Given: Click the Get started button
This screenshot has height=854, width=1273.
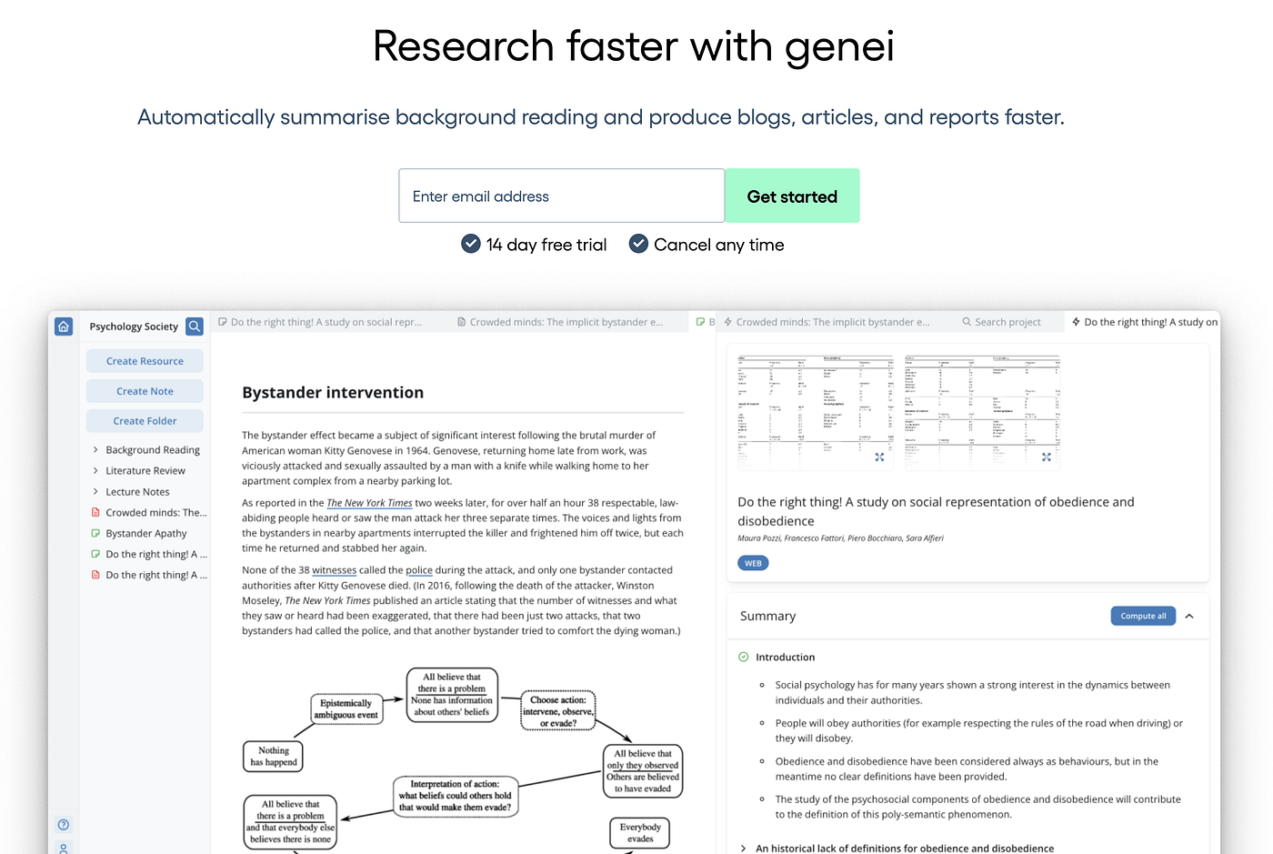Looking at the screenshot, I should pyautogui.click(x=792, y=196).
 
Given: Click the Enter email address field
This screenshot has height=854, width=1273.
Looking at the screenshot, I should pyautogui.click(x=561, y=196).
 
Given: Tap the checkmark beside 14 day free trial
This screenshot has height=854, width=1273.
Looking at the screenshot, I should pyautogui.click(x=471, y=244).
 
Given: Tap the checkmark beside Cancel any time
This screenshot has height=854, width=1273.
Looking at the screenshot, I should pyautogui.click(x=639, y=244).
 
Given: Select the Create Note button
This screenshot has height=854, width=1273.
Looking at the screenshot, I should pyautogui.click(x=145, y=391).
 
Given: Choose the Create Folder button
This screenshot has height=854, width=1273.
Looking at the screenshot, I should pyautogui.click(x=145, y=421).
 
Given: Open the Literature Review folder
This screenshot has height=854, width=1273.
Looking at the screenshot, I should pyautogui.click(x=145, y=471).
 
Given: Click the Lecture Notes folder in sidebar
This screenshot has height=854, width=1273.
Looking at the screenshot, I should pyautogui.click(x=137, y=492).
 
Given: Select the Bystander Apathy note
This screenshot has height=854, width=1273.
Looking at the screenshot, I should pyautogui.click(x=145, y=534).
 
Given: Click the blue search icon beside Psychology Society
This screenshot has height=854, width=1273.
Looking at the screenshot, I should pyautogui.click(x=195, y=327).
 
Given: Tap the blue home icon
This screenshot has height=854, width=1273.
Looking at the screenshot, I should pyautogui.click(x=64, y=327).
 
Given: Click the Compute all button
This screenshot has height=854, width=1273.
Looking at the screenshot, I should pyautogui.click(x=1143, y=617).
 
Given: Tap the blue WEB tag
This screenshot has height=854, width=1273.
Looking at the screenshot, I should pyautogui.click(x=753, y=564).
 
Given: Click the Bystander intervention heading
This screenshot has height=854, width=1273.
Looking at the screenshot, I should pyautogui.click(x=333, y=393).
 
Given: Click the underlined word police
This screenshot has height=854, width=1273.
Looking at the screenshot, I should pyautogui.click(x=419, y=570).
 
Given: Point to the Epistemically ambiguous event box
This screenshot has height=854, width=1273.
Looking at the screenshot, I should pyautogui.click(x=346, y=709).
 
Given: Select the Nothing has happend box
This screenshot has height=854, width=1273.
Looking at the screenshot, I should pyautogui.click(x=273, y=757).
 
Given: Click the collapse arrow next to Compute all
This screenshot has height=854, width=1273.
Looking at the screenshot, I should pyautogui.click(x=1189, y=617).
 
